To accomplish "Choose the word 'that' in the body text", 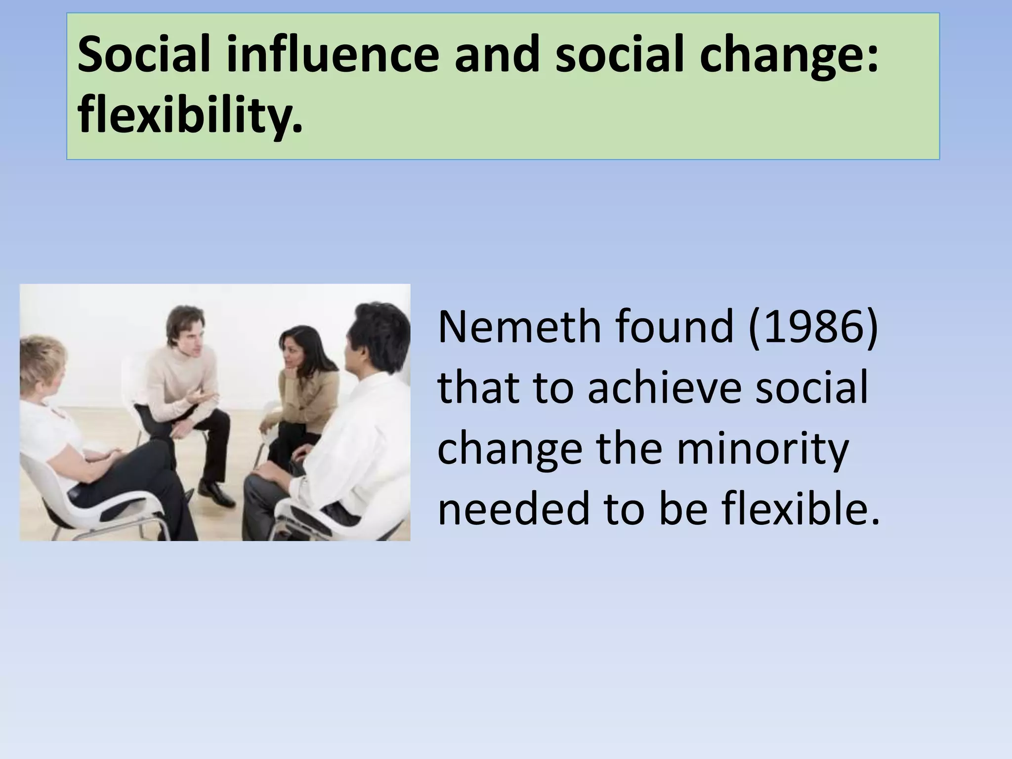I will point(477,388).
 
